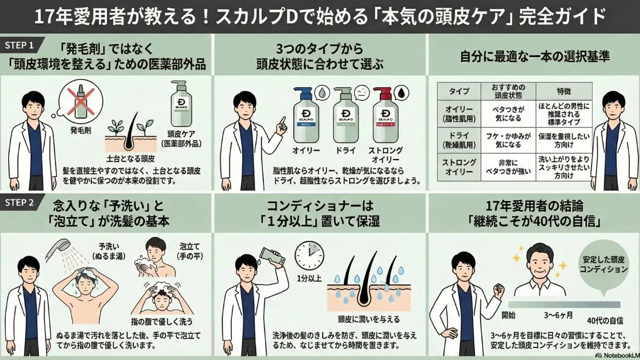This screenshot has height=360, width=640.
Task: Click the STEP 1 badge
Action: click(x=20, y=44)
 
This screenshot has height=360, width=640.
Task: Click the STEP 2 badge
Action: click(x=20, y=203)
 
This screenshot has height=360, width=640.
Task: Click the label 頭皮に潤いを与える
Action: click(x=369, y=319)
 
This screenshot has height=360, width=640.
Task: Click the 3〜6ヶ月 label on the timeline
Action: click(x=558, y=315)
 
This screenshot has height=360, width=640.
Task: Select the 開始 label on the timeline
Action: click(x=508, y=315)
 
